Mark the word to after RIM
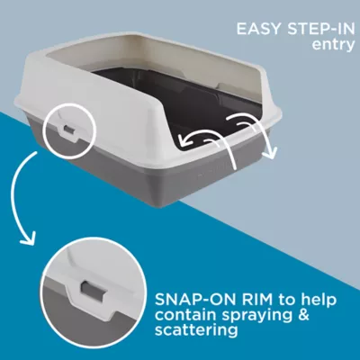click(x=284, y=297)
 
